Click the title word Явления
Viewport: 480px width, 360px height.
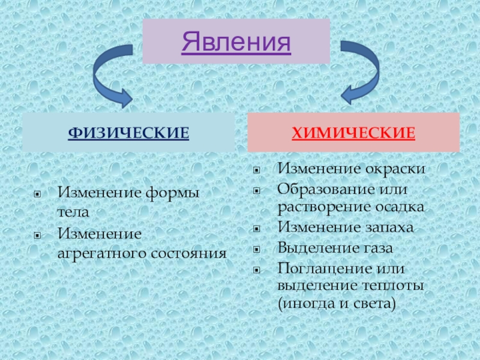coord(236,41)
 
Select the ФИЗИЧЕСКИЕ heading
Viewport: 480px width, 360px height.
coord(128,132)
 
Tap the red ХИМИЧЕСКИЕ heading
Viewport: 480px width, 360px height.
coord(353,132)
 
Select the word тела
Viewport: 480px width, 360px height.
coord(73,212)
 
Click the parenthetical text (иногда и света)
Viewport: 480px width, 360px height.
coord(337,304)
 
